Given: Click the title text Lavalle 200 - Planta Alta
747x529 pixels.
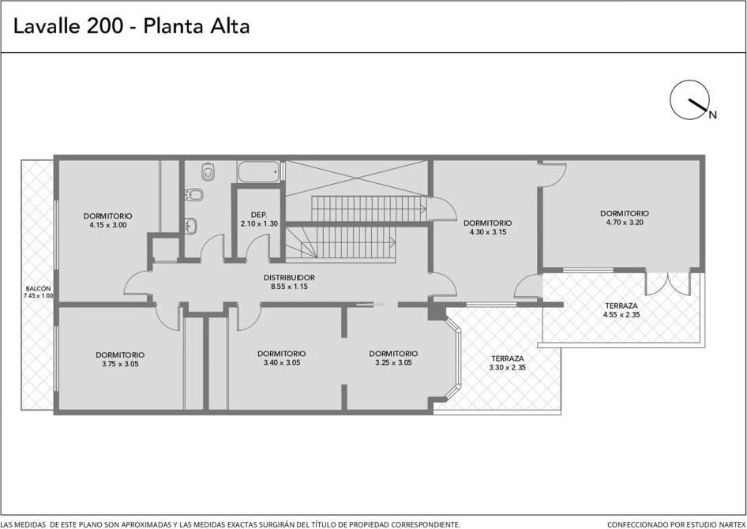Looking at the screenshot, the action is (132, 26).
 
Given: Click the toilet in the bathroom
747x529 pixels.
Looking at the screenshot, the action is (208, 171).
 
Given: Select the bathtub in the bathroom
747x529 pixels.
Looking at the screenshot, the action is (259, 171).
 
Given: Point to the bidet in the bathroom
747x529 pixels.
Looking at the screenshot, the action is (193, 195).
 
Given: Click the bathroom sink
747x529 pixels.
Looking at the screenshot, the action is (191, 225).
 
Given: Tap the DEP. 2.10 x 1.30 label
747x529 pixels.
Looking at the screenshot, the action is (259, 219).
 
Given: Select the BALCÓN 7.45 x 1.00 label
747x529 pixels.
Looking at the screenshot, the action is (38, 292).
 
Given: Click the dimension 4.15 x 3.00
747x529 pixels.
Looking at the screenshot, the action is (108, 225).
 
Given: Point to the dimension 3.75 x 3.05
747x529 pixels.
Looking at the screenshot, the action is (120, 364).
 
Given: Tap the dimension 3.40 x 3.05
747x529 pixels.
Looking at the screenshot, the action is (282, 363).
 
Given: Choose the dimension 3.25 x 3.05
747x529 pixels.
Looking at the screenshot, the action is (393, 363).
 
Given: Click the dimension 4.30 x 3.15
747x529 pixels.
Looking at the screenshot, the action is (488, 232).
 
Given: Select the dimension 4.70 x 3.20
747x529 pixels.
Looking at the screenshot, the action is (625, 223).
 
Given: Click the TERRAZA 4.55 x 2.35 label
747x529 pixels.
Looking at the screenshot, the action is (621, 310).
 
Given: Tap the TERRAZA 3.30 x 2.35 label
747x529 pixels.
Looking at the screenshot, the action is (508, 363).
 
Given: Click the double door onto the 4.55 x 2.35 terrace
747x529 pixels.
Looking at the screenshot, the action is (668, 283).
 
